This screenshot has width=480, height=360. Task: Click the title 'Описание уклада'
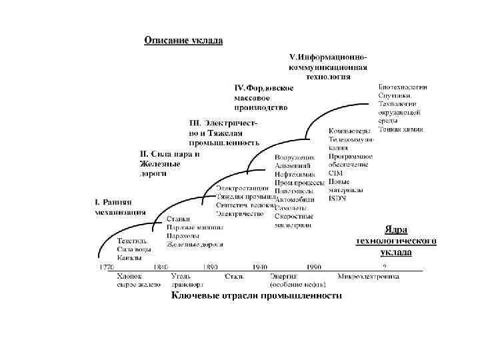184,40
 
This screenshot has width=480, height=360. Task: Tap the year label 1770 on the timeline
107,267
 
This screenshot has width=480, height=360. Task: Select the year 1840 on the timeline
161,267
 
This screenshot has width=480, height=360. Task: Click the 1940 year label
260,267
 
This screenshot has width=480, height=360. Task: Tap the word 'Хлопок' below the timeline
129,275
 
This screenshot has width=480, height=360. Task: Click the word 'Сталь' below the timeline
234,275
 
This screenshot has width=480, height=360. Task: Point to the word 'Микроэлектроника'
368,275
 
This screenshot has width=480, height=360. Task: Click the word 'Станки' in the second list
178,219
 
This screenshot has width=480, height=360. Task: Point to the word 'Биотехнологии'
403,87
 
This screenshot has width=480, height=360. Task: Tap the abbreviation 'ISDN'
337,198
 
